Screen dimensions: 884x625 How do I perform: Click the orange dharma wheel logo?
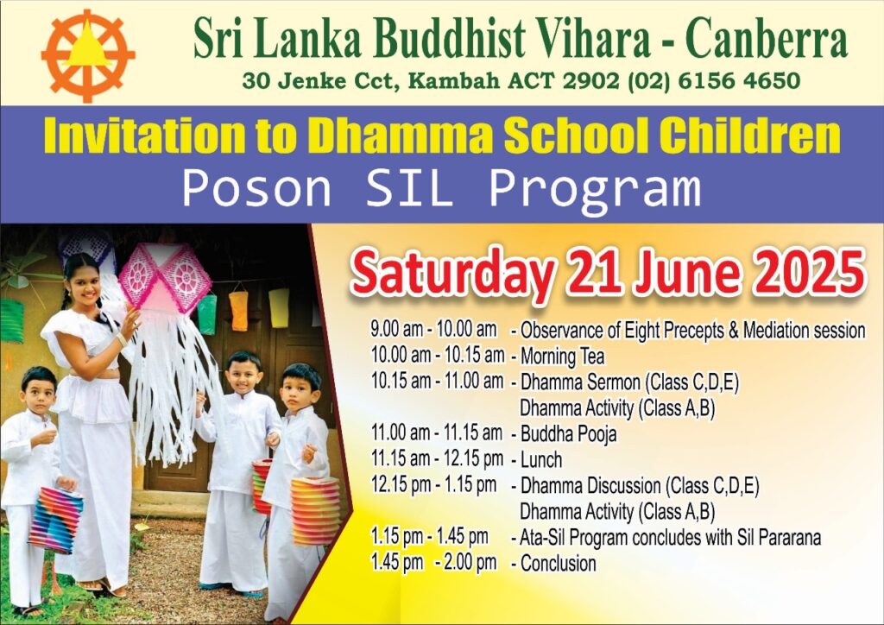pyautogui.click(x=87, y=56)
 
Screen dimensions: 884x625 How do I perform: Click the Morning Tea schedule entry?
pyautogui.click(x=562, y=357)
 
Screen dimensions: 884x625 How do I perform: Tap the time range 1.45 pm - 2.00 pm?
pyautogui.click(x=433, y=563)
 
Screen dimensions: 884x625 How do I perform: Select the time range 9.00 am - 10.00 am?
pyautogui.click(x=433, y=329)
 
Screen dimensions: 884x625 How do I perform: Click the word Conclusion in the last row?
pyautogui.click(x=559, y=564)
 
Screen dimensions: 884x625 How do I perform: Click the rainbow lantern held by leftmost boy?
pyautogui.click(x=55, y=521)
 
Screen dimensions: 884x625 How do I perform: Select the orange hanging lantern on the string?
pyautogui.click(x=238, y=311)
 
